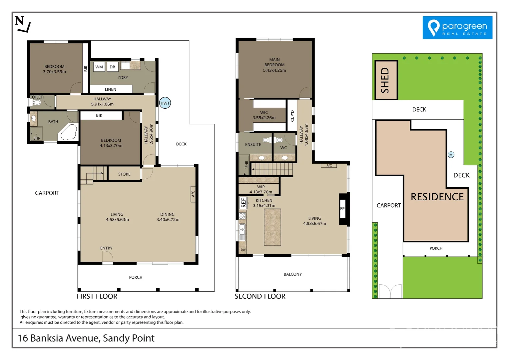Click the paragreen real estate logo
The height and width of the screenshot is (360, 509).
[457, 28]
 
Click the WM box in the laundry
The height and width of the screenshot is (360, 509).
[99, 67]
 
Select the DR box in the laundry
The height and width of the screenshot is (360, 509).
[112, 67]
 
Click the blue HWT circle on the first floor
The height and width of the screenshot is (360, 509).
[165, 103]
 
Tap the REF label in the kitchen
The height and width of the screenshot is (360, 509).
[243, 203]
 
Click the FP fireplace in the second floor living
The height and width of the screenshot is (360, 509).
[342, 209]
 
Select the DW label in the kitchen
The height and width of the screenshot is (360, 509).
[243, 250]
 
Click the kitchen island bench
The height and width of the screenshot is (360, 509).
[272, 227]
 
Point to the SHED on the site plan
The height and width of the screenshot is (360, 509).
[386, 80]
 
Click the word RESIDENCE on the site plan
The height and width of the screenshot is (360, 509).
[437, 197]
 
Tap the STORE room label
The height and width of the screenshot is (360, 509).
[124, 174]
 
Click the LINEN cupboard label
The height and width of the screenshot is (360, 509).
[111, 89]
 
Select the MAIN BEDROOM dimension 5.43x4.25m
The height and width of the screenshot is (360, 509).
[274, 70]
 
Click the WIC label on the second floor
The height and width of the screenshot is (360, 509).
[264, 113]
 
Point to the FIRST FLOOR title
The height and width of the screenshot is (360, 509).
[97, 296]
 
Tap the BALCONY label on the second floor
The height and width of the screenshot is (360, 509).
[292, 274]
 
